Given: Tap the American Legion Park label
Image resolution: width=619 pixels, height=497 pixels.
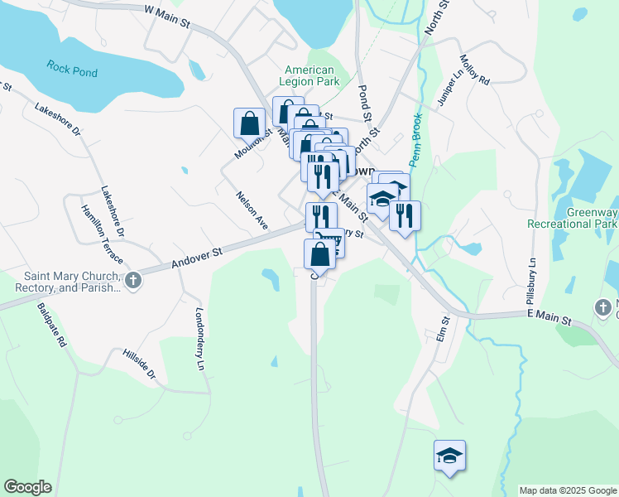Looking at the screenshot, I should click(x=309, y=76).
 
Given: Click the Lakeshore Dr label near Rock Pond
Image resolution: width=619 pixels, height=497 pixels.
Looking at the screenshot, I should click(x=57, y=119).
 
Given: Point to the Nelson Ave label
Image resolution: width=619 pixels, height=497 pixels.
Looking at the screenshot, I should click(x=252, y=210).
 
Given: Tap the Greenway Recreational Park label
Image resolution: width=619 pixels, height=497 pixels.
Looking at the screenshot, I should click(x=573, y=218).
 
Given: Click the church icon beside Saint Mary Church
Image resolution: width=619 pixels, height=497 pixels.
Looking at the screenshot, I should click(x=133, y=281).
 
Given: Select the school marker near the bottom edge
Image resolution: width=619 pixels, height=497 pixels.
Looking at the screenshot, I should click(x=449, y=456).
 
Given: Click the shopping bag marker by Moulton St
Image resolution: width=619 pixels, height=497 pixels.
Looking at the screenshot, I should click(x=250, y=124).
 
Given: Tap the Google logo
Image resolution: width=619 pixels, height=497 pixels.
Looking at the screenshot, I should click(x=27, y=487).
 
